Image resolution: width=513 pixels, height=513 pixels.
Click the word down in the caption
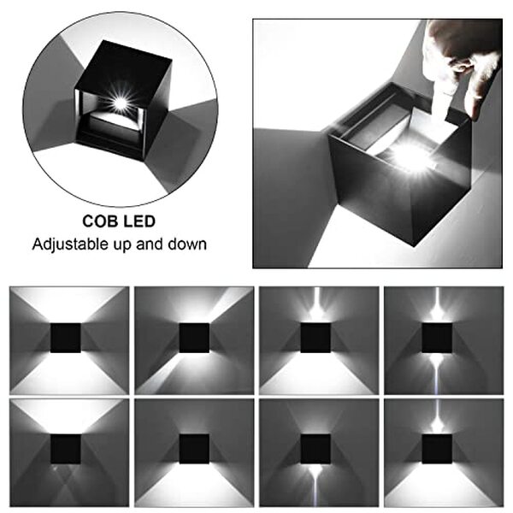click(188, 244)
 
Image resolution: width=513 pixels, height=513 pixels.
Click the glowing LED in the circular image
click(120, 103)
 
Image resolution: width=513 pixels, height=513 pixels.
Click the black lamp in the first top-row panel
click(66, 338)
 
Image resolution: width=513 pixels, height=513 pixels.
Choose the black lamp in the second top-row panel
click(193, 338)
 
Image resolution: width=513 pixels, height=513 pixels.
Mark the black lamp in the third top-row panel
click(315, 338)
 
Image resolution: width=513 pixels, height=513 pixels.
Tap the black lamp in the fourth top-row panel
click(437, 338)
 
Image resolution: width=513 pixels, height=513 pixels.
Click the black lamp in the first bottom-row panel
click(66, 449)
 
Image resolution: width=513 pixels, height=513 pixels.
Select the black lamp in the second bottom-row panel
click(193, 449)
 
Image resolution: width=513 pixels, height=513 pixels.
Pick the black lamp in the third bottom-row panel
click(315, 449)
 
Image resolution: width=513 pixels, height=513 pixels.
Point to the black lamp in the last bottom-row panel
click(437, 449)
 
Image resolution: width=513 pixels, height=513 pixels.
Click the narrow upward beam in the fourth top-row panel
click(437, 304)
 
